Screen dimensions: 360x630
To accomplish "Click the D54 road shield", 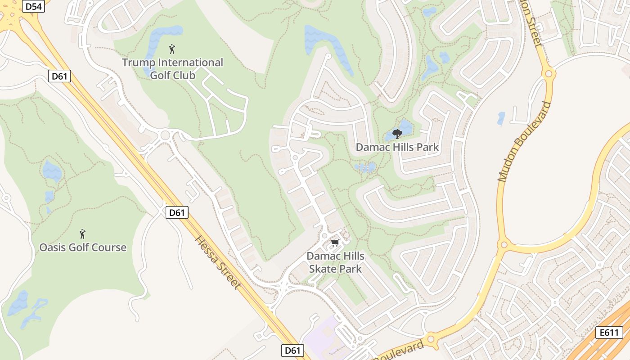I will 34,6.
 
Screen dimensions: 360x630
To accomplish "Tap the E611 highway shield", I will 609,333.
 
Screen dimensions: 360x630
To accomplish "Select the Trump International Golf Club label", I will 173,68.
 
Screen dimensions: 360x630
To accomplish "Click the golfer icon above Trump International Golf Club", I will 171,49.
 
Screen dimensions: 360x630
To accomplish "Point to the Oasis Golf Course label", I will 83,247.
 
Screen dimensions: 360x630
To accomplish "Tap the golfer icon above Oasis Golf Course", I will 82,234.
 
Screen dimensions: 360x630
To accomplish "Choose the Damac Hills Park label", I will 397,147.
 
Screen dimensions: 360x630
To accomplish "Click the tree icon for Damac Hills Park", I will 397,134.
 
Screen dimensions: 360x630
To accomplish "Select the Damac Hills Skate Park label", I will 335,262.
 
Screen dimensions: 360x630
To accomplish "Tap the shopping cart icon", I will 334,243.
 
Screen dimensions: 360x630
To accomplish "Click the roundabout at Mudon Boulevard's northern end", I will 549,73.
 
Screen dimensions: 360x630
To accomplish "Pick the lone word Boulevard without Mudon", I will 400,351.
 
